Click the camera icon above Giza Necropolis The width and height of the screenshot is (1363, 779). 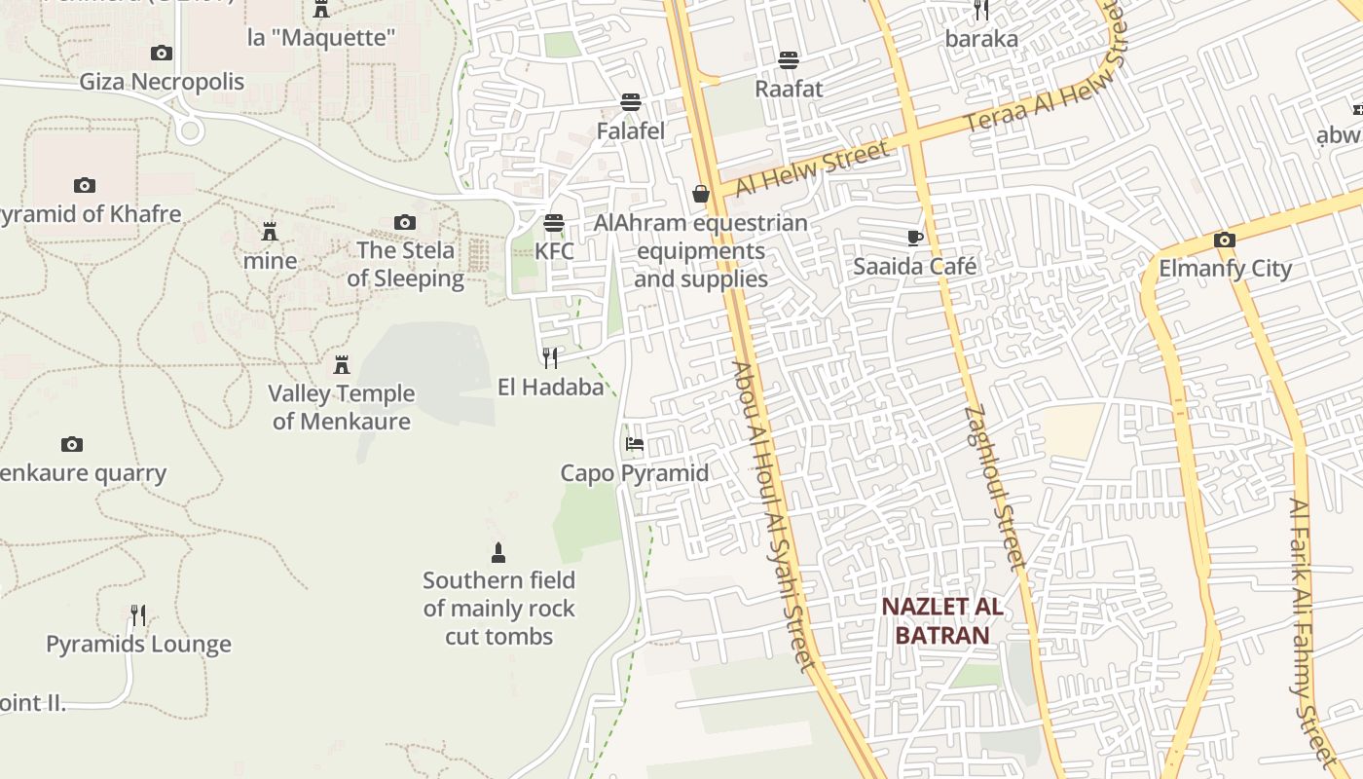pyautogui.click(x=162, y=53)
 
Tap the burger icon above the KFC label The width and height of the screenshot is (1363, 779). pyautogui.click(x=554, y=223)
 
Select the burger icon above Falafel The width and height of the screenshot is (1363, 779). pyautogui.click(x=631, y=102)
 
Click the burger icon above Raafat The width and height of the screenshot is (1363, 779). pyautogui.click(x=789, y=60)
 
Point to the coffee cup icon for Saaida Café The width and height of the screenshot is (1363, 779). pyautogui.click(x=915, y=238)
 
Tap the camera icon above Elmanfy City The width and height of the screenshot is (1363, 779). pyautogui.click(x=1225, y=240)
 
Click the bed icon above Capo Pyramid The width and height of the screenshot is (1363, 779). pyautogui.click(x=635, y=445)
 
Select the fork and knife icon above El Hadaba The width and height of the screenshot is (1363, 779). pyautogui.click(x=550, y=358)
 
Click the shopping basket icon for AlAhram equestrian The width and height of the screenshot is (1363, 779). pyautogui.click(x=701, y=195)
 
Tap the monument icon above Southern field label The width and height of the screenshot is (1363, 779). pyautogui.click(x=498, y=553)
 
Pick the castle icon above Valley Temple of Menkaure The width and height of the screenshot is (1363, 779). pyautogui.click(x=342, y=365)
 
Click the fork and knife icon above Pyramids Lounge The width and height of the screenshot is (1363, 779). pyautogui.click(x=138, y=615)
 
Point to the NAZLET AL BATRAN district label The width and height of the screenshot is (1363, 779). pyautogui.click(x=942, y=621)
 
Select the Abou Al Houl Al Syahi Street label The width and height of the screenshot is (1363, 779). pyautogui.click(x=773, y=516)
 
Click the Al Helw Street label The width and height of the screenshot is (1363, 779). pyautogui.click(x=812, y=168)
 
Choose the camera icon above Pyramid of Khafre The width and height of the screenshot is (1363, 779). pyautogui.click(x=85, y=185)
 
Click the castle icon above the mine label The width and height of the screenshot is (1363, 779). pyautogui.click(x=270, y=232)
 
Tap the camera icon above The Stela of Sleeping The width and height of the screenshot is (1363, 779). pyautogui.click(x=405, y=223)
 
